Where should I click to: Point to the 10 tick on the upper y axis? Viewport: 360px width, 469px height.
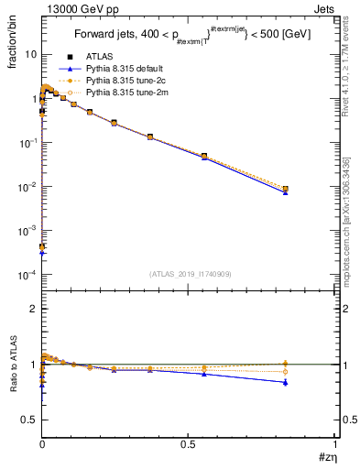pyautogui.click(x=31, y=54)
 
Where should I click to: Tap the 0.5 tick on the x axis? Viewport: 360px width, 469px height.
pyautogui.click(x=189, y=443)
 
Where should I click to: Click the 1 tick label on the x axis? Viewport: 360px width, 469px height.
pyautogui.click(x=335, y=443)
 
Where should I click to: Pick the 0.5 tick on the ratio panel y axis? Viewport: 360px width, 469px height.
pyautogui.click(x=29, y=420)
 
